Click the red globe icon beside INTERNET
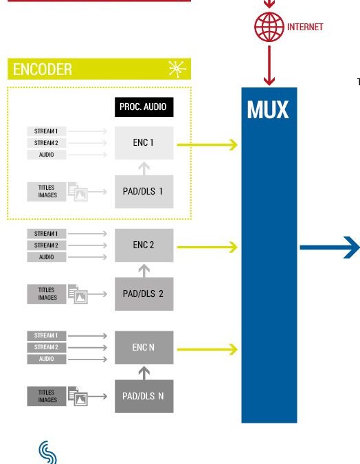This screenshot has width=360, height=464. pyautogui.click(x=269, y=27)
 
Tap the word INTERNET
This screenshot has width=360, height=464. pyautogui.click(x=305, y=27)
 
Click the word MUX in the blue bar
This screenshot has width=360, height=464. pyautogui.click(x=268, y=110)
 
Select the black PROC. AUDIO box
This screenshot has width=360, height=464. pyautogui.click(x=144, y=107)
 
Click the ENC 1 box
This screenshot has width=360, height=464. pyautogui.click(x=144, y=143)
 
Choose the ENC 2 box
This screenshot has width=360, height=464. pyautogui.click(x=144, y=245)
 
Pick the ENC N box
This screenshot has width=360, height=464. pyautogui.click(x=144, y=347)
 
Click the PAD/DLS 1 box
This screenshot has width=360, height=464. pyautogui.click(x=144, y=192)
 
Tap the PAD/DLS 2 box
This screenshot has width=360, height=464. pyautogui.click(x=144, y=294)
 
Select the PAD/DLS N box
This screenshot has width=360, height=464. pyautogui.click(x=144, y=396)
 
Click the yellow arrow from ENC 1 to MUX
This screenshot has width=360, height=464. pyautogui.click(x=207, y=145)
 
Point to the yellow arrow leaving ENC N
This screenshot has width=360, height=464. pyautogui.click(x=207, y=349)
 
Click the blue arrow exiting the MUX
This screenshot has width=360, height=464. pyautogui.click(x=330, y=247)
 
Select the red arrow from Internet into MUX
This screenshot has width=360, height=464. pyautogui.click(x=269, y=65)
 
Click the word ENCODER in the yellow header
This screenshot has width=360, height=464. pyautogui.click(x=43, y=69)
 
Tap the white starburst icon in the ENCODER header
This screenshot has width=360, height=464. pyautogui.click(x=177, y=69)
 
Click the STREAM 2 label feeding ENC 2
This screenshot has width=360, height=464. pyautogui.click(x=47, y=245)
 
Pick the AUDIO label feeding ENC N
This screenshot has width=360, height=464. pyautogui.click(x=47, y=359)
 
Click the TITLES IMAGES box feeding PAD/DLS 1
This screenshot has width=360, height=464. pyautogui.click(x=47, y=192)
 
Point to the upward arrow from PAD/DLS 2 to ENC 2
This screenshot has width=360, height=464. pyautogui.click(x=144, y=271)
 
